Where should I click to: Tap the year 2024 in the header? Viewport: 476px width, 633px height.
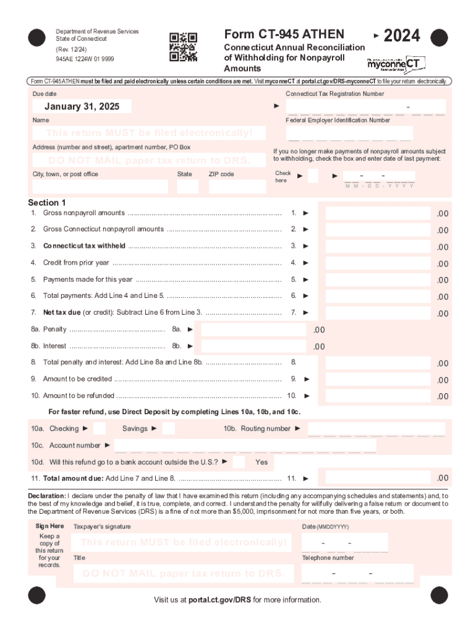click(x=401, y=36)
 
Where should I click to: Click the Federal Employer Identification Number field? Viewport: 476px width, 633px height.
click(x=350, y=133)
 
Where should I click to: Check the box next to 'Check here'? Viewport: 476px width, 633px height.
click(x=313, y=176)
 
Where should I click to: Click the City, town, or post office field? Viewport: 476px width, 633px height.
click(x=100, y=187)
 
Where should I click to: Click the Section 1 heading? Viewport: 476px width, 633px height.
click(x=47, y=203)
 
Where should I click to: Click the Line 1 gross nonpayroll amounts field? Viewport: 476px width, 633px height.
click(x=377, y=213)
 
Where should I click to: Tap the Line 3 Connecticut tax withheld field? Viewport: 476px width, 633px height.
click(x=377, y=246)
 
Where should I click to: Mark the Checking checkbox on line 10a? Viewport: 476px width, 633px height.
click(x=99, y=428)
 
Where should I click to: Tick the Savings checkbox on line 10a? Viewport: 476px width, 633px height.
click(x=168, y=428)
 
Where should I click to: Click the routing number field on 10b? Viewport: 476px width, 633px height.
click(x=376, y=429)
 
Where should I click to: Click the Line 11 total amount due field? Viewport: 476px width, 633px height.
click(x=377, y=478)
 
